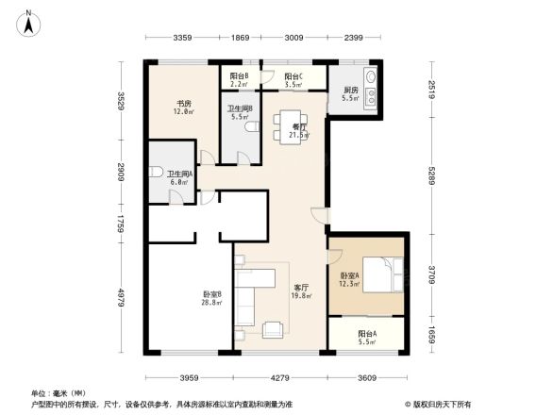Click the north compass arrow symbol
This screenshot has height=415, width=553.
(x=29, y=21)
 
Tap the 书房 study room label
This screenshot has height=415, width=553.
(x=183, y=105)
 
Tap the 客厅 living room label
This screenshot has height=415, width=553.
(x=302, y=288)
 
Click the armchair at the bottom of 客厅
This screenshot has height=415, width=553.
(x=275, y=329)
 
